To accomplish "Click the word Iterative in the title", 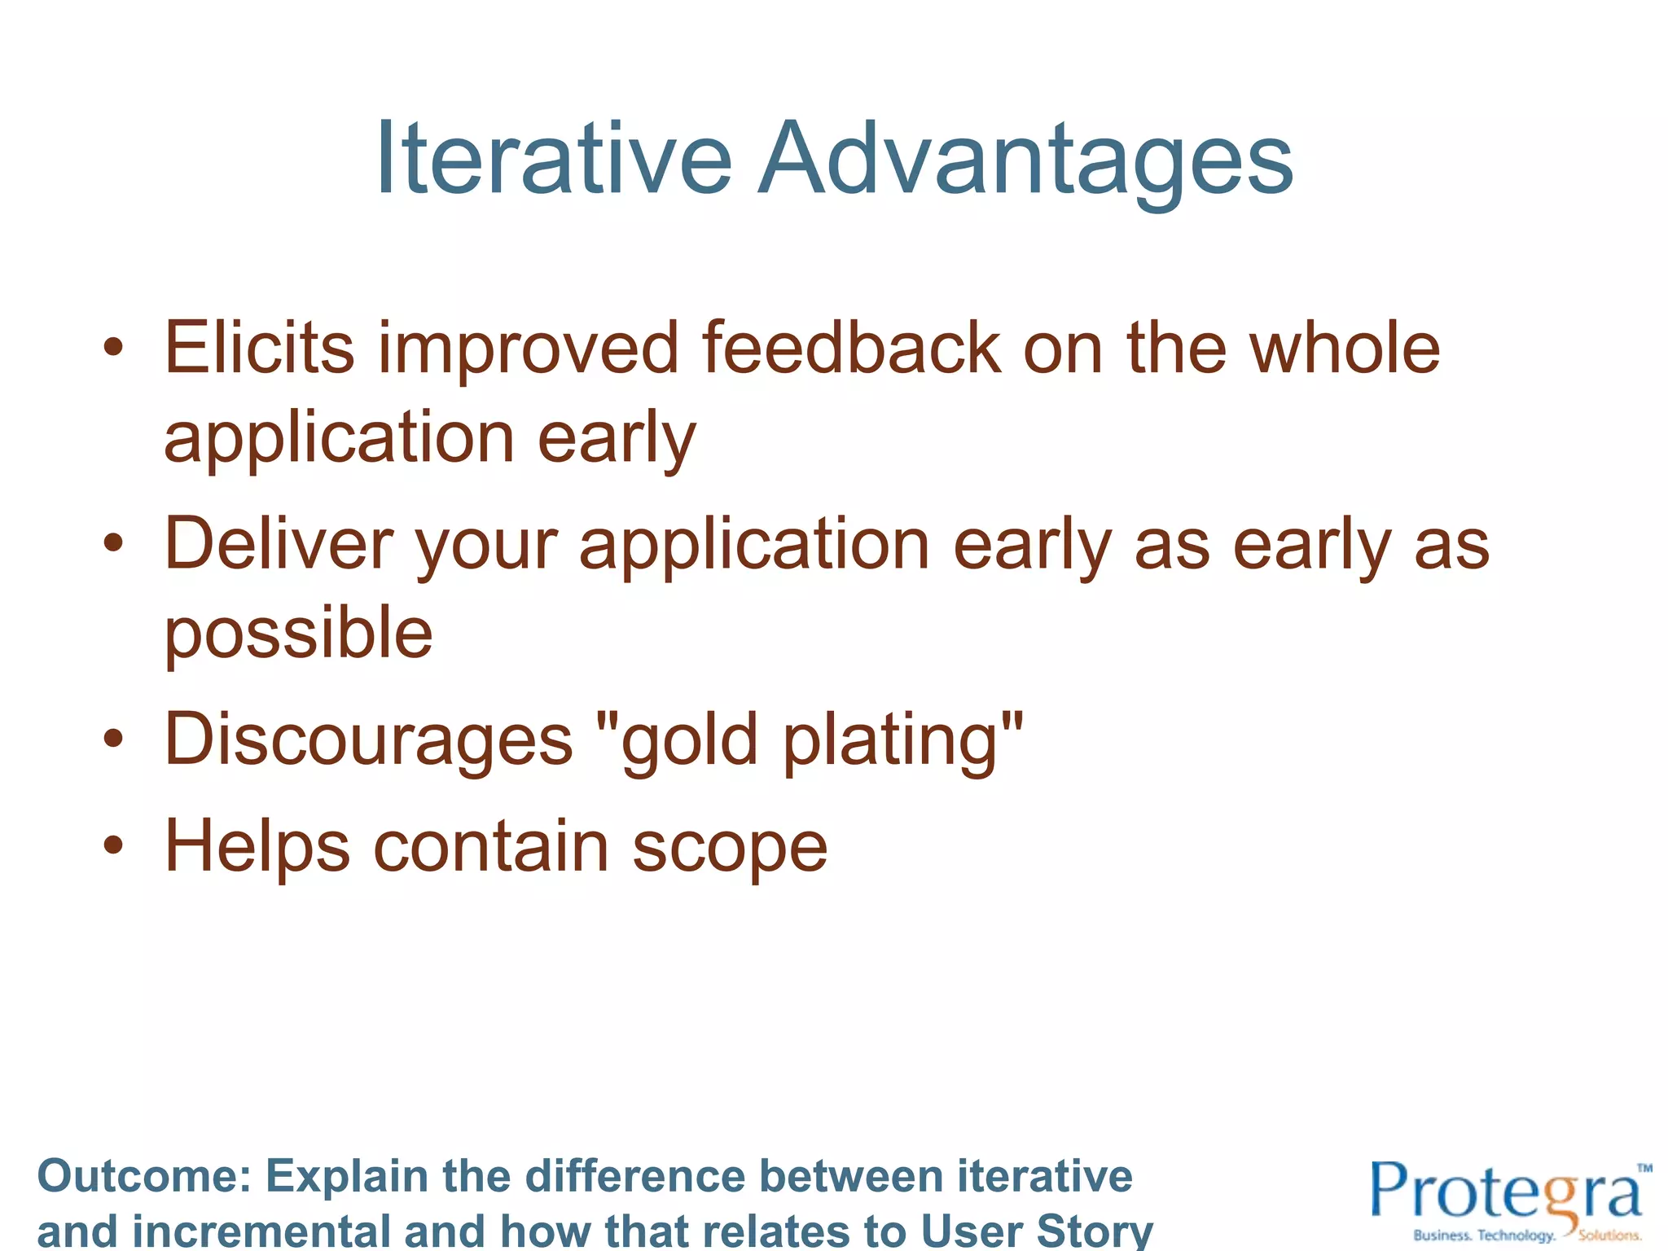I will (554, 159).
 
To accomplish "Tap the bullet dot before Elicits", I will (113, 349).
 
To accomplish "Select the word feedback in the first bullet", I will (851, 349).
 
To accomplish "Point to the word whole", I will (1345, 349).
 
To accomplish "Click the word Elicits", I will (259, 349).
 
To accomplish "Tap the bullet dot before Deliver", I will (113, 543).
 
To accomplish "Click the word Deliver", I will (279, 543).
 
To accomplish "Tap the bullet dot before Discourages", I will (113, 739).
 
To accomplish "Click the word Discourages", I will (368, 739).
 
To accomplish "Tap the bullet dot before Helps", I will (113, 845).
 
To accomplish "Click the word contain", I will (490, 845).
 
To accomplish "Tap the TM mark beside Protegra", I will (1644, 1168).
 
